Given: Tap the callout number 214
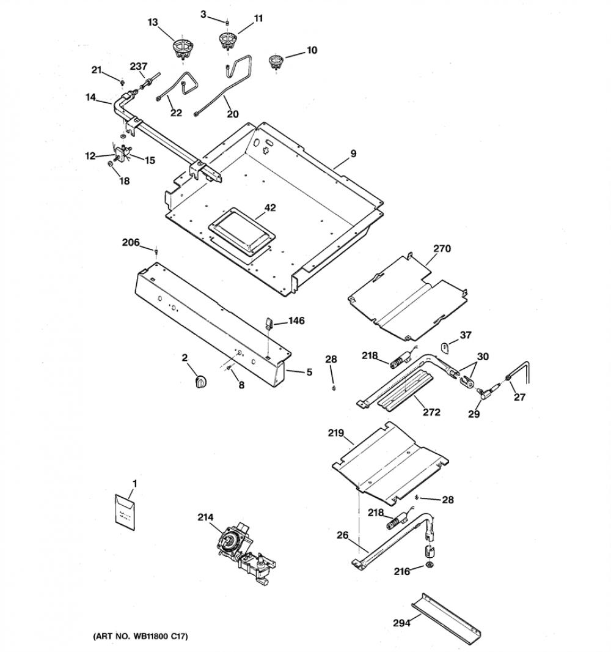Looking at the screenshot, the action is pyautogui.click(x=205, y=517).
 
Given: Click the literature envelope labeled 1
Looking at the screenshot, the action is pyautogui.click(x=125, y=513).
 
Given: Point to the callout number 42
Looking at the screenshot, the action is pyautogui.click(x=270, y=207).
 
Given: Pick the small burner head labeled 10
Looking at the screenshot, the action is pyautogui.click(x=274, y=62).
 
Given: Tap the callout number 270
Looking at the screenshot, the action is pyautogui.click(x=442, y=248).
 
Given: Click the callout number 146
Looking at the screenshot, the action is pyautogui.click(x=296, y=320).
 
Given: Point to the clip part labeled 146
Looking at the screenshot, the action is pyautogui.click(x=268, y=323).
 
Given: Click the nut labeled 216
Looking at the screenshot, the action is pyautogui.click(x=429, y=565).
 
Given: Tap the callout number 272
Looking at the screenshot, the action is pyautogui.click(x=431, y=412).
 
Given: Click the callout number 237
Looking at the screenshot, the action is pyautogui.click(x=138, y=66).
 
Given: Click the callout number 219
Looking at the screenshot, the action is pyautogui.click(x=335, y=433).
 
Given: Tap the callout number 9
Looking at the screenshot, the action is pyautogui.click(x=353, y=154).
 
